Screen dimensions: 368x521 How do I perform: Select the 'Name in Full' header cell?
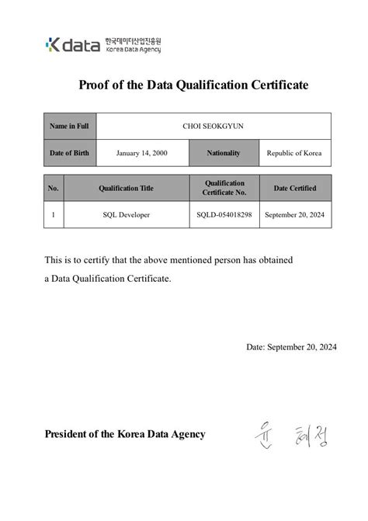[x=69, y=126]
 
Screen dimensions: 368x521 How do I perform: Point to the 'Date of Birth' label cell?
[x=69, y=153]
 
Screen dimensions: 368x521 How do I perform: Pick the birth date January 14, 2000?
[x=141, y=153]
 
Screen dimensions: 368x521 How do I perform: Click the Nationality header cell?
[x=224, y=153]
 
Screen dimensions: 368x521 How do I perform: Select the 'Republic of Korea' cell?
[x=293, y=153]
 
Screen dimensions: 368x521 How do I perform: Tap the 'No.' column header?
[x=54, y=188]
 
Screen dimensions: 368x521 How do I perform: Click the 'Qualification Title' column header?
[x=126, y=188]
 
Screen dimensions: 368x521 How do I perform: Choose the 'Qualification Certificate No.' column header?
[x=224, y=187]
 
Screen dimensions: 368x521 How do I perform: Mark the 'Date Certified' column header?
[x=295, y=188]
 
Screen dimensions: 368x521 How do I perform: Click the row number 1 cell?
[x=54, y=214]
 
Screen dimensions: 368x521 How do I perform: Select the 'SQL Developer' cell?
[x=126, y=214]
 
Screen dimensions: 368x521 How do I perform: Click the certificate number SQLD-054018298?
[x=224, y=214]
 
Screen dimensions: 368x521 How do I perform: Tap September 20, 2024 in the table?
[x=295, y=214]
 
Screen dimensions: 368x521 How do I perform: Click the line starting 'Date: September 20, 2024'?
[x=291, y=347]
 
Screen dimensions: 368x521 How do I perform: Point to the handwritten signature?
[x=290, y=436]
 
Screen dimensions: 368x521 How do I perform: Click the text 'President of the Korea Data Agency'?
[x=125, y=434]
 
